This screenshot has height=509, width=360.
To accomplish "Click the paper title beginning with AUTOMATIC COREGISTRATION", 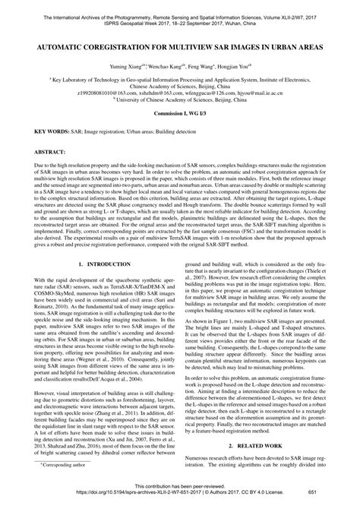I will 180,47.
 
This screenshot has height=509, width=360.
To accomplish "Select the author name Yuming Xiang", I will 125,67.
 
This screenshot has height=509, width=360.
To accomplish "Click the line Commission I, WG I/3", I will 180,133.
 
